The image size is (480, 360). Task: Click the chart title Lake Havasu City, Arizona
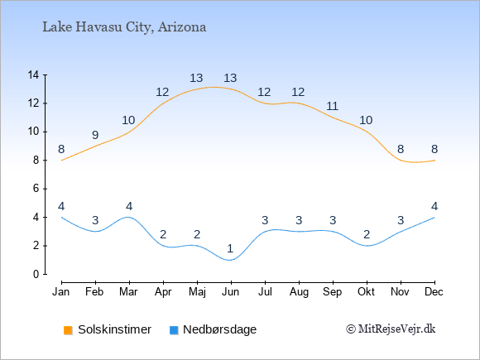124,27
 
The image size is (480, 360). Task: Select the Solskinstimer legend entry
107,329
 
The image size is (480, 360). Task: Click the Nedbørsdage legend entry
213,329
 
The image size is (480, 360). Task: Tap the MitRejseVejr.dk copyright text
391,329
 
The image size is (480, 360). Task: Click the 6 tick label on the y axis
36,189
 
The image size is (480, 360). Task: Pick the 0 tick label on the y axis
36,274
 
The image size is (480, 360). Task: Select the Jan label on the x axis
61,292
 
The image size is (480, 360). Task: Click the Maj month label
197,292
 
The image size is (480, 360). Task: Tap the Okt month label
366,292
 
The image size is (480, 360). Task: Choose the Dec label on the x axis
434,292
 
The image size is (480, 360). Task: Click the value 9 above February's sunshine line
95,135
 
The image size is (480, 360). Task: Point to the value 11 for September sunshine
332,106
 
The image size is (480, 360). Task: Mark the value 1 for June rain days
230,248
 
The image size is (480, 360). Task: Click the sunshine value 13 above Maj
196,78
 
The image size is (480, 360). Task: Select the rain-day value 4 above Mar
129,206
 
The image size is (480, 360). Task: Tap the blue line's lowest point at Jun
231,260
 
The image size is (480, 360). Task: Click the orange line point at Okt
367,132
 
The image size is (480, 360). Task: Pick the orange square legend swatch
68,330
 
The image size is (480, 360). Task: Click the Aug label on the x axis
299,292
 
